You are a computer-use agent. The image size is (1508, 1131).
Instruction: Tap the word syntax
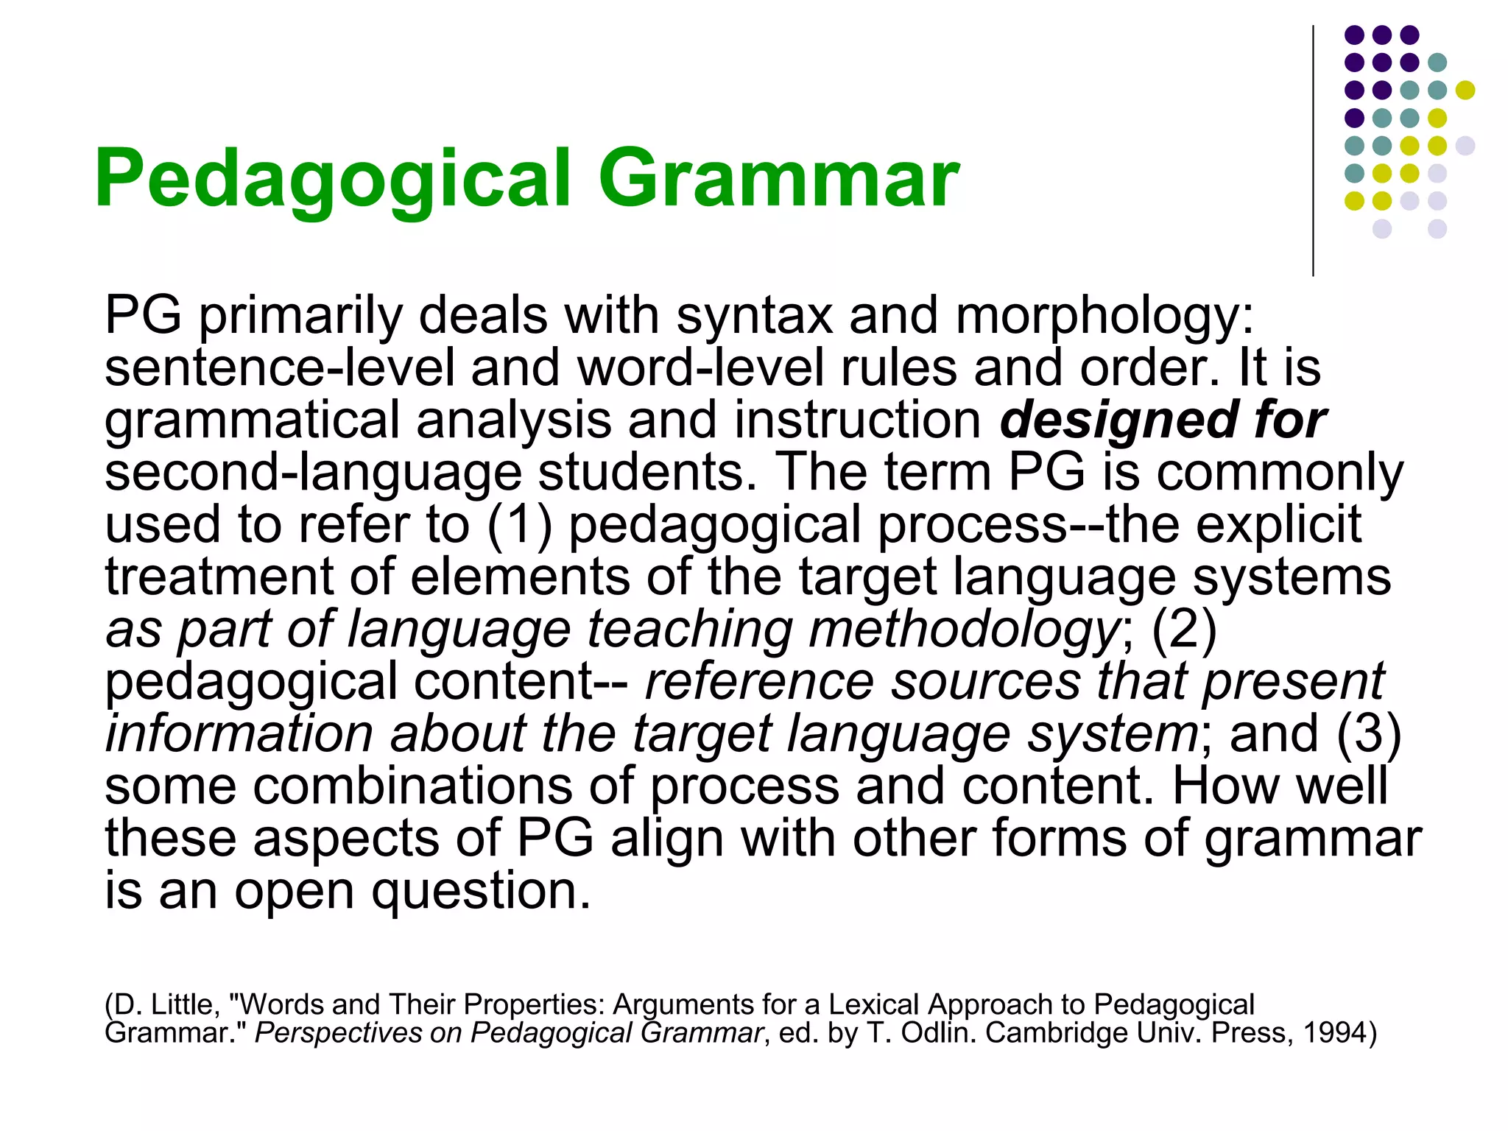click(754, 315)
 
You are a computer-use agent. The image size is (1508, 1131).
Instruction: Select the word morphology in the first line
click(1104, 315)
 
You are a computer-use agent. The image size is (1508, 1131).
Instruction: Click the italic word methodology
click(965, 629)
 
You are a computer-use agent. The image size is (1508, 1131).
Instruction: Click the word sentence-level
click(280, 367)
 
